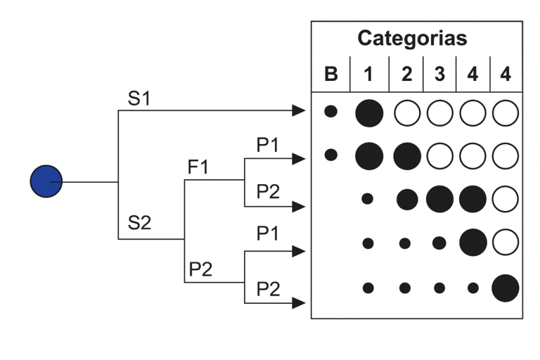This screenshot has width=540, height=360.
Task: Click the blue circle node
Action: [46, 181]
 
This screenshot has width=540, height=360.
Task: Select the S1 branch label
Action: [139, 99]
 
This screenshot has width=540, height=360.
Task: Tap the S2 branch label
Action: [139, 224]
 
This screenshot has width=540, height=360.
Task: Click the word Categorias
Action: [412, 38]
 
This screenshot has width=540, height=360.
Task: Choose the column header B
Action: [330, 74]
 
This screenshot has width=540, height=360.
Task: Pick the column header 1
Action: [368, 74]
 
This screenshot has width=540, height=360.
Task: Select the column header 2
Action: [406, 74]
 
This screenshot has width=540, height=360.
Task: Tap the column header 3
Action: [439, 74]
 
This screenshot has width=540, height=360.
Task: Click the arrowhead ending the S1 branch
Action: [300, 110]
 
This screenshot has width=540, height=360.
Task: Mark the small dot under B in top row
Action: [330, 111]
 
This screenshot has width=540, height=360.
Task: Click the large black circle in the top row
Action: [369, 112]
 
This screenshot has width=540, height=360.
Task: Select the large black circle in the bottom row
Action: [506, 288]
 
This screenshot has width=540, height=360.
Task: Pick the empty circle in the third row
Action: [506, 199]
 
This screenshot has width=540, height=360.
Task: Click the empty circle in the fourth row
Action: [506, 243]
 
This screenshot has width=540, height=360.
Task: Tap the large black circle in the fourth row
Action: [472, 243]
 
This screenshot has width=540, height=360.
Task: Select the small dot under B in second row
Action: [330, 154]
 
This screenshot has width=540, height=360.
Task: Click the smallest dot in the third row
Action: [367, 199]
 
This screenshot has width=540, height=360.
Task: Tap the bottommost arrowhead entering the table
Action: [300, 303]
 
